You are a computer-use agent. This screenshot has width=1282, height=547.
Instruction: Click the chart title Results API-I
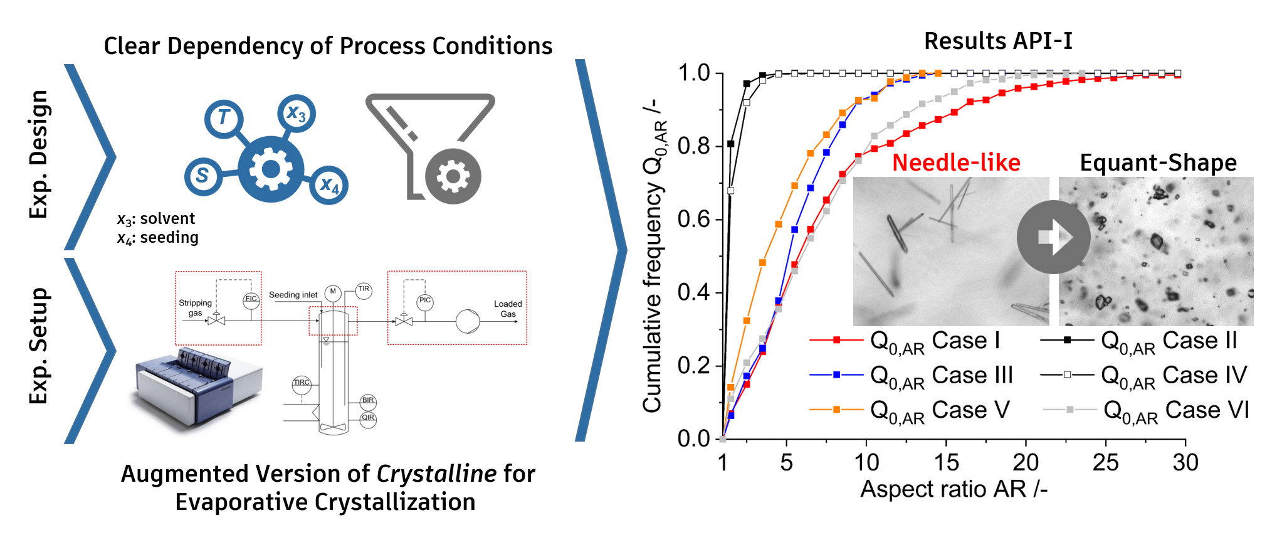click(998, 41)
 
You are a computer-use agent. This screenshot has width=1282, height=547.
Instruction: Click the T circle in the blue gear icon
click(224, 117)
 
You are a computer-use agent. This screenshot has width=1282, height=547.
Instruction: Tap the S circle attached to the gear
click(202, 175)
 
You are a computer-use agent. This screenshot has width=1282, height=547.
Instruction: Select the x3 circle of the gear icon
click(297, 114)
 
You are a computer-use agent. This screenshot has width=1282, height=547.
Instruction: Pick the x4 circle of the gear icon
click(329, 185)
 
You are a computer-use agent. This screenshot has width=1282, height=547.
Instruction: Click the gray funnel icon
click(429, 147)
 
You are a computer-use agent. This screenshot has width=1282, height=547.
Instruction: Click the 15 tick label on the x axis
click(945, 463)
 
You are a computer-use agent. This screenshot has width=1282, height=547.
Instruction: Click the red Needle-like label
click(956, 163)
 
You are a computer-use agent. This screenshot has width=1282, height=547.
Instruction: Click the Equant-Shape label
click(1158, 163)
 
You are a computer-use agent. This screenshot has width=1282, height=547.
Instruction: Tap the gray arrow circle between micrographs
click(1053, 237)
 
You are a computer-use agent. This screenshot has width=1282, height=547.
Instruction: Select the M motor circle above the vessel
click(333, 292)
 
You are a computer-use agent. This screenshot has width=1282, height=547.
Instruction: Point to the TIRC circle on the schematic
click(302, 383)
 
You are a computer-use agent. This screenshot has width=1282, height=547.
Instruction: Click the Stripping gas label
click(195, 307)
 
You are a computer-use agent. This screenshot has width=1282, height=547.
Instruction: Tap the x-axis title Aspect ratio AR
click(953, 489)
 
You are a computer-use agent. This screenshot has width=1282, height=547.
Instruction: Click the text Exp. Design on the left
click(39, 154)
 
